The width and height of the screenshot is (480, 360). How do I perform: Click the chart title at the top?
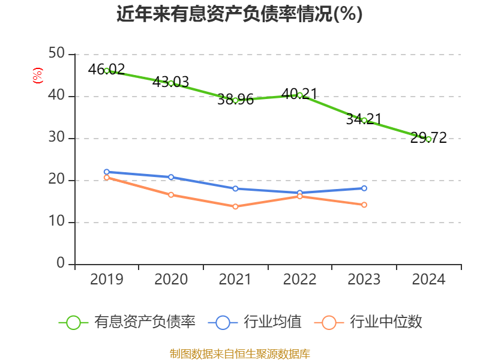[239, 14]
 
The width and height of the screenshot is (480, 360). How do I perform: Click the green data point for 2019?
[107, 71]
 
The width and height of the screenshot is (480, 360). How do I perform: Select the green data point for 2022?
[300, 95]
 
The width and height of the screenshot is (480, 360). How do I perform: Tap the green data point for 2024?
[428, 139]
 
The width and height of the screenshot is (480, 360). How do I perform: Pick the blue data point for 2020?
[171, 177]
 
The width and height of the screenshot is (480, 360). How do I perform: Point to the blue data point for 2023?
[364, 188]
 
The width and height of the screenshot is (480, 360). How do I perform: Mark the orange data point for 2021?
[235, 206]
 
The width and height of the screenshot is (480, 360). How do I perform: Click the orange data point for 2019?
[107, 178]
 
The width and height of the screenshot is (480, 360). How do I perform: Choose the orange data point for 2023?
[364, 205]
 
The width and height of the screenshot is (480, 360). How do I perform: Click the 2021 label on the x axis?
[235, 280]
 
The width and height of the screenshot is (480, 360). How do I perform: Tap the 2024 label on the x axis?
[428, 280]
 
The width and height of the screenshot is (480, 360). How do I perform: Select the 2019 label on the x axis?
[107, 280]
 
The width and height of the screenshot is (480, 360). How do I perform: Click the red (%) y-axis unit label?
[37, 76]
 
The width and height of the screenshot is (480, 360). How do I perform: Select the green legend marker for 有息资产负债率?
[73, 322]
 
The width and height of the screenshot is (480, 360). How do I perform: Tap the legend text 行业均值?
[272, 322]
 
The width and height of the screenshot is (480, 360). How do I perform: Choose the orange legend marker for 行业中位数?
[329, 322]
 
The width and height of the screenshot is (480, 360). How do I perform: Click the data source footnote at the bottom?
[239, 353]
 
